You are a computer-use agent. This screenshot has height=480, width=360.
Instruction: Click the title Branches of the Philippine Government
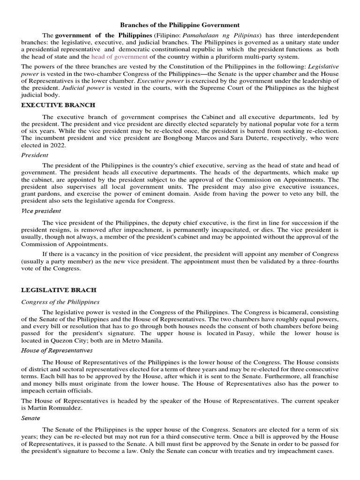(x=180, y=25)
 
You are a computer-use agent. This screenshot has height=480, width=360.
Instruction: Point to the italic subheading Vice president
(x=41, y=211)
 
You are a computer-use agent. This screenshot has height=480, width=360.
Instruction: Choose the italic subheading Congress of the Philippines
(x=60, y=302)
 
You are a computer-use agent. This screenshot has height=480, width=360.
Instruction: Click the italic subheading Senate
(x=30, y=418)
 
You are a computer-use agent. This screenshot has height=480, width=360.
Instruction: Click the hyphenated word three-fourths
(x=318, y=262)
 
